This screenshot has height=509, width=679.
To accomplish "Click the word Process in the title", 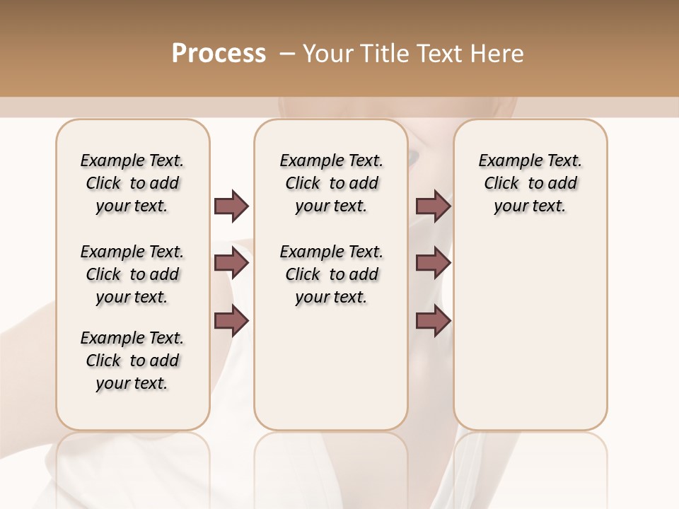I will (x=219, y=54).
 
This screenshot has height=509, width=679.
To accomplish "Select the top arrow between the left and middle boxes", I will (x=231, y=206).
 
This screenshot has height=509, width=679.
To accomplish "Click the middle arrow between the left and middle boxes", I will (x=231, y=263).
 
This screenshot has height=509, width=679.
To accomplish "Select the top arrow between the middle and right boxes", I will (x=433, y=206).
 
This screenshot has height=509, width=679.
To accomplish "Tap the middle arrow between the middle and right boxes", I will (x=433, y=263).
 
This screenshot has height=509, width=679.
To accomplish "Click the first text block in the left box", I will (x=132, y=183).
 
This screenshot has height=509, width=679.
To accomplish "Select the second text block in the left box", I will (x=132, y=274).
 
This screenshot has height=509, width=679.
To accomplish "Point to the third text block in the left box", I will (x=132, y=361).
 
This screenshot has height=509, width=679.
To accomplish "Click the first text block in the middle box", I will (x=331, y=183).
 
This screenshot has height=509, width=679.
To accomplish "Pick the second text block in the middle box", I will (x=331, y=274).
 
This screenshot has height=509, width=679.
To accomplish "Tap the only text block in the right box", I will (x=530, y=183).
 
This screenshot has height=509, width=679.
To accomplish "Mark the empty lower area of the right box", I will (x=530, y=332).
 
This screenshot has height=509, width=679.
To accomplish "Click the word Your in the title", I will (x=326, y=54).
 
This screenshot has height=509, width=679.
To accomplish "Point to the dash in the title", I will (x=286, y=54).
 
